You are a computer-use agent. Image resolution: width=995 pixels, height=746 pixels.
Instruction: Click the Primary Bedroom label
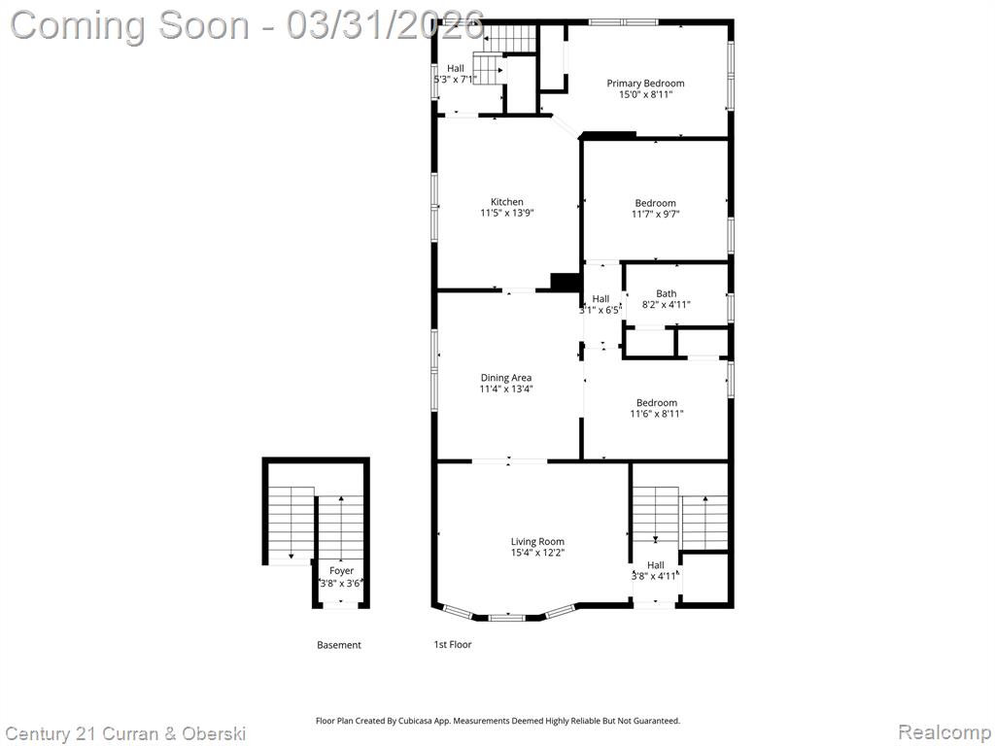[x=645, y=84]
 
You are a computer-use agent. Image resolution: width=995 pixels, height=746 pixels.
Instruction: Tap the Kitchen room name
[x=507, y=202]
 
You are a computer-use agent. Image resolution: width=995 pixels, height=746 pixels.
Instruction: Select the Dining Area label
[x=505, y=378]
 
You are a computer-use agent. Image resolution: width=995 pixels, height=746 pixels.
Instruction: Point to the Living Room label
[x=537, y=541]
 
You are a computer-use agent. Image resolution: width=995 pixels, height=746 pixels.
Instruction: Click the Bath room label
[x=667, y=293]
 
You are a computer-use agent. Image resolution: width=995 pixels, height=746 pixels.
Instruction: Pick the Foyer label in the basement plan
[x=341, y=571]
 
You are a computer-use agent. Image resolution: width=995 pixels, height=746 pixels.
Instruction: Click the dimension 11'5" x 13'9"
[x=507, y=213]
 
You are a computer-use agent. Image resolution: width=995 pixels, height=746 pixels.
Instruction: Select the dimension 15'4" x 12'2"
[x=537, y=553]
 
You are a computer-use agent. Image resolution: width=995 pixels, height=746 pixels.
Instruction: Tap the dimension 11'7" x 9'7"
[x=656, y=215]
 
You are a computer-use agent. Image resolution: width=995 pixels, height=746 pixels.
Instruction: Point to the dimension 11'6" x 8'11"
[x=657, y=414]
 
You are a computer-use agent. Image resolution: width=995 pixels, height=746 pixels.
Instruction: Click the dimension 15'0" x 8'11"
[x=645, y=94]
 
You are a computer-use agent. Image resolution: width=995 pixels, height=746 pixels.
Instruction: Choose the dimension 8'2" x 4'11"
[x=667, y=304]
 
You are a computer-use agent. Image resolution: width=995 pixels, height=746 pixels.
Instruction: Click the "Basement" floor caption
[x=339, y=645]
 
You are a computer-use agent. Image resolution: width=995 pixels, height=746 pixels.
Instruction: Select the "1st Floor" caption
[x=453, y=645]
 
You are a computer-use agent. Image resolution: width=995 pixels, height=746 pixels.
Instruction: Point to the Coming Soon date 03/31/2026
[x=385, y=25]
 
